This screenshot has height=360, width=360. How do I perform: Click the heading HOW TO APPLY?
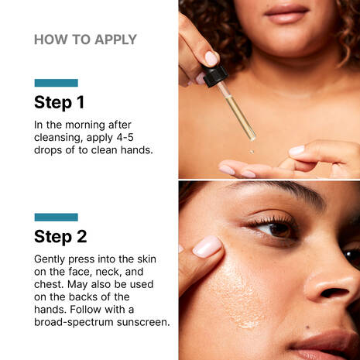[85, 40]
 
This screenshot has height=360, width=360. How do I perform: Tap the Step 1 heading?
[59, 102]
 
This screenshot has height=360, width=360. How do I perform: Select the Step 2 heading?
[60, 236]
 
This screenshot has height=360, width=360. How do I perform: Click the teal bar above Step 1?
[56, 83]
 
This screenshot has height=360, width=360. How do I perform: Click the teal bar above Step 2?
[56, 217]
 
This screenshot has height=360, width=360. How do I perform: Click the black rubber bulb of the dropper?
[214, 74]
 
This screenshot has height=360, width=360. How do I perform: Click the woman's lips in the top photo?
[286, 12]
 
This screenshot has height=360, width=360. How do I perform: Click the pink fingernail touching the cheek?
[208, 246]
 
